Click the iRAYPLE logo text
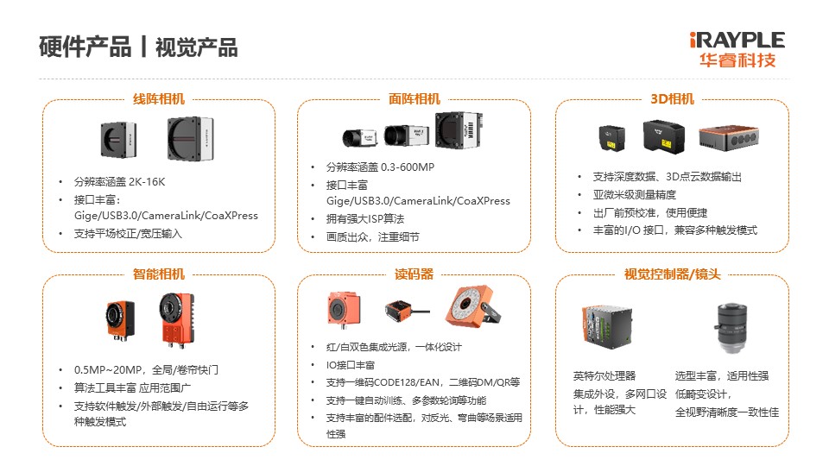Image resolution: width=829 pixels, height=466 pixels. (737, 41)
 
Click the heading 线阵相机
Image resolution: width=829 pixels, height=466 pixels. (159, 98)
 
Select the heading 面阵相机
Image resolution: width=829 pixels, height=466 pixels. (414, 98)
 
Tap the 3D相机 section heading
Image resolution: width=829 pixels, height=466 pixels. (672, 98)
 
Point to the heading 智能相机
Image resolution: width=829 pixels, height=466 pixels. (159, 274)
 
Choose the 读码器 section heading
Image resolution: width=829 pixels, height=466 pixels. (414, 274)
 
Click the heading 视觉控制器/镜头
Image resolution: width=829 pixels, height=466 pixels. (672, 274)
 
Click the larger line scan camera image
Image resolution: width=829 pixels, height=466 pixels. (191, 138)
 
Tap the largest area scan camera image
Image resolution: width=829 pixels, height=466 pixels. (459, 130)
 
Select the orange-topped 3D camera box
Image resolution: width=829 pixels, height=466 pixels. (729, 138)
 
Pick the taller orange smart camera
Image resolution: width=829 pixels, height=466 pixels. (177, 320)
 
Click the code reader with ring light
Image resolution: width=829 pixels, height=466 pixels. (473, 306)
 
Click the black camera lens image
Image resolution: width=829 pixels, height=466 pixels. (732, 328)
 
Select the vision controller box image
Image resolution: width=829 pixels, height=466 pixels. (607, 326)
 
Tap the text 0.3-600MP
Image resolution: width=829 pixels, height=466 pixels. (408, 167)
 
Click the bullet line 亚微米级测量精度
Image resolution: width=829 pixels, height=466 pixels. (635, 194)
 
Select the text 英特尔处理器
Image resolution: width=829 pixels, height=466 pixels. (604, 375)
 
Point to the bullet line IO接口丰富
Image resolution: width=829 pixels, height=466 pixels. (351, 364)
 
